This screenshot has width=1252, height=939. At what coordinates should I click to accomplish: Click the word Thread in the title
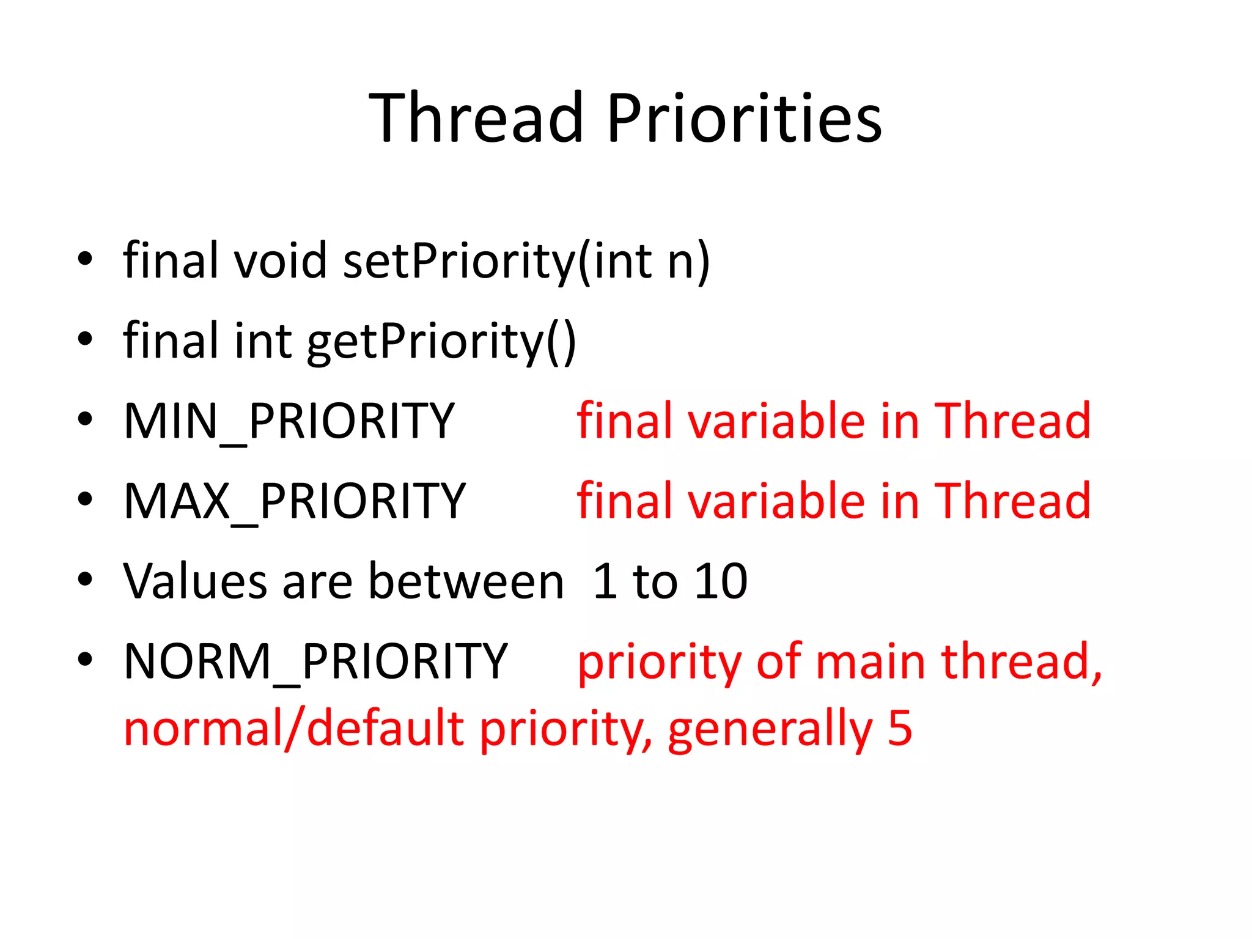click(x=476, y=117)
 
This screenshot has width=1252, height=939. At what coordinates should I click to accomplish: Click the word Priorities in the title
click(x=744, y=117)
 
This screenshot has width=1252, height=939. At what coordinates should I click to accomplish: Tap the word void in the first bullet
click(x=281, y=260)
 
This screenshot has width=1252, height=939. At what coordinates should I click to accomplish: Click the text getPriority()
click(x=441, y=342)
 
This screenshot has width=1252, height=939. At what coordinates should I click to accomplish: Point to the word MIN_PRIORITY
click(x=289, y=421)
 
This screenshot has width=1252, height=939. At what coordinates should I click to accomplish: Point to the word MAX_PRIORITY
click(x=295, y=501)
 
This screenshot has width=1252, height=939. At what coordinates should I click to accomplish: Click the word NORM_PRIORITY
click(x=315, y=661)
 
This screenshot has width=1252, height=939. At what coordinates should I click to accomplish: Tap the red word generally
click(x=770, y=729)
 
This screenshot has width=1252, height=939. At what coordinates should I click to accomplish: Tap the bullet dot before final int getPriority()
click(x=85, y=339)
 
